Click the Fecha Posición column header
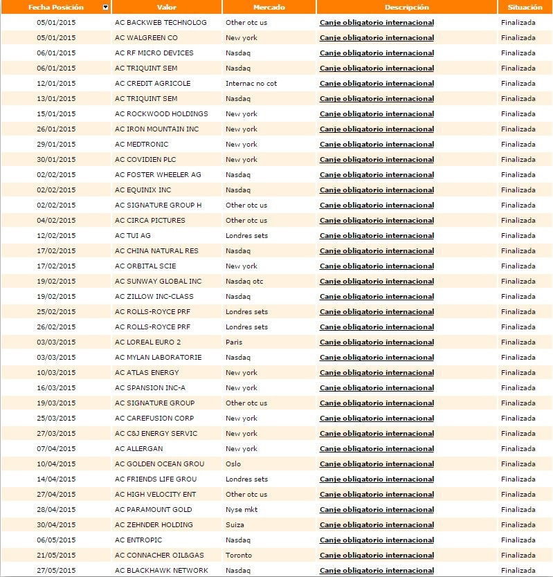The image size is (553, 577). (x=55, y=7)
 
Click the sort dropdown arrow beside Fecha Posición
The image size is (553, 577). (x=105, y=7)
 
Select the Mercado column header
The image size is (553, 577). (x=269, y=7)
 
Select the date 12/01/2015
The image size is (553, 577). (x=56, y=84)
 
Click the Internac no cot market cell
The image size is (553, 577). (x=251, y=84)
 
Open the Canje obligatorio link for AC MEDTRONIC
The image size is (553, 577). (x=377, y=145)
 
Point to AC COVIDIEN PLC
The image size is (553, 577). (x=146, y=160)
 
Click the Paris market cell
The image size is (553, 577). (x=234, y=342)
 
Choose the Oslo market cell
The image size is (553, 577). (x=233, y=464)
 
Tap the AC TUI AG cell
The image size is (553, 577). (x=133, y=236)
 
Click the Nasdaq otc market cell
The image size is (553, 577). (x=244, y=282)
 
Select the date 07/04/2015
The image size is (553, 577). (x=56, y=449)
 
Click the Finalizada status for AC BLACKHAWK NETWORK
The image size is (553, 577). (x=518, y=571)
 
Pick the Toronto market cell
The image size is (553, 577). (x=238, y=556)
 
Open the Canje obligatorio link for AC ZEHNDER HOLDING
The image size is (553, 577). (x=377, y=525)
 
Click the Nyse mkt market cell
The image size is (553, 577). (x=242, y=510)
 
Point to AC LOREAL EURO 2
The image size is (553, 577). (x=148, y=342)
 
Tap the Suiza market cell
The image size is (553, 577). (x=235, y=525)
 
